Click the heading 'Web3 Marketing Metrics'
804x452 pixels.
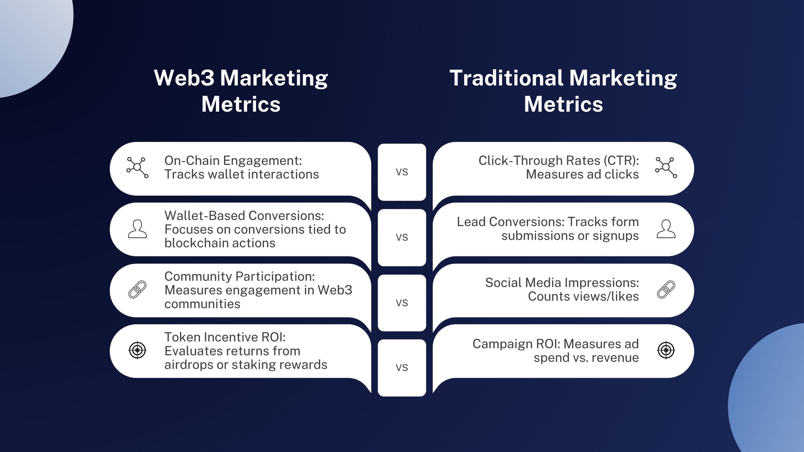241,91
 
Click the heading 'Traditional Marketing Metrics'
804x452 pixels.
563,91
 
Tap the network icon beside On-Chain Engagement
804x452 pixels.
137,168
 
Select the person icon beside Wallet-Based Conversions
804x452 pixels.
137,229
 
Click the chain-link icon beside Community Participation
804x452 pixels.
137,290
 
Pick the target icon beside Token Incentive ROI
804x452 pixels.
137,350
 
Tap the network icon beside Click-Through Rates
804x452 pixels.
666,168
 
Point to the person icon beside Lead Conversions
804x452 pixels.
666,229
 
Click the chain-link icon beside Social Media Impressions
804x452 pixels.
666,290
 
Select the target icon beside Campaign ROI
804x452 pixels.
666,350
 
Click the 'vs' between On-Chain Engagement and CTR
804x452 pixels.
402,172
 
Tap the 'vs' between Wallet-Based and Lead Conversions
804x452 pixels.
402,237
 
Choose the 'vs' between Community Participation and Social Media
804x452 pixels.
402,303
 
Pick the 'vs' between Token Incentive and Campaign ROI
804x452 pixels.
402,368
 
